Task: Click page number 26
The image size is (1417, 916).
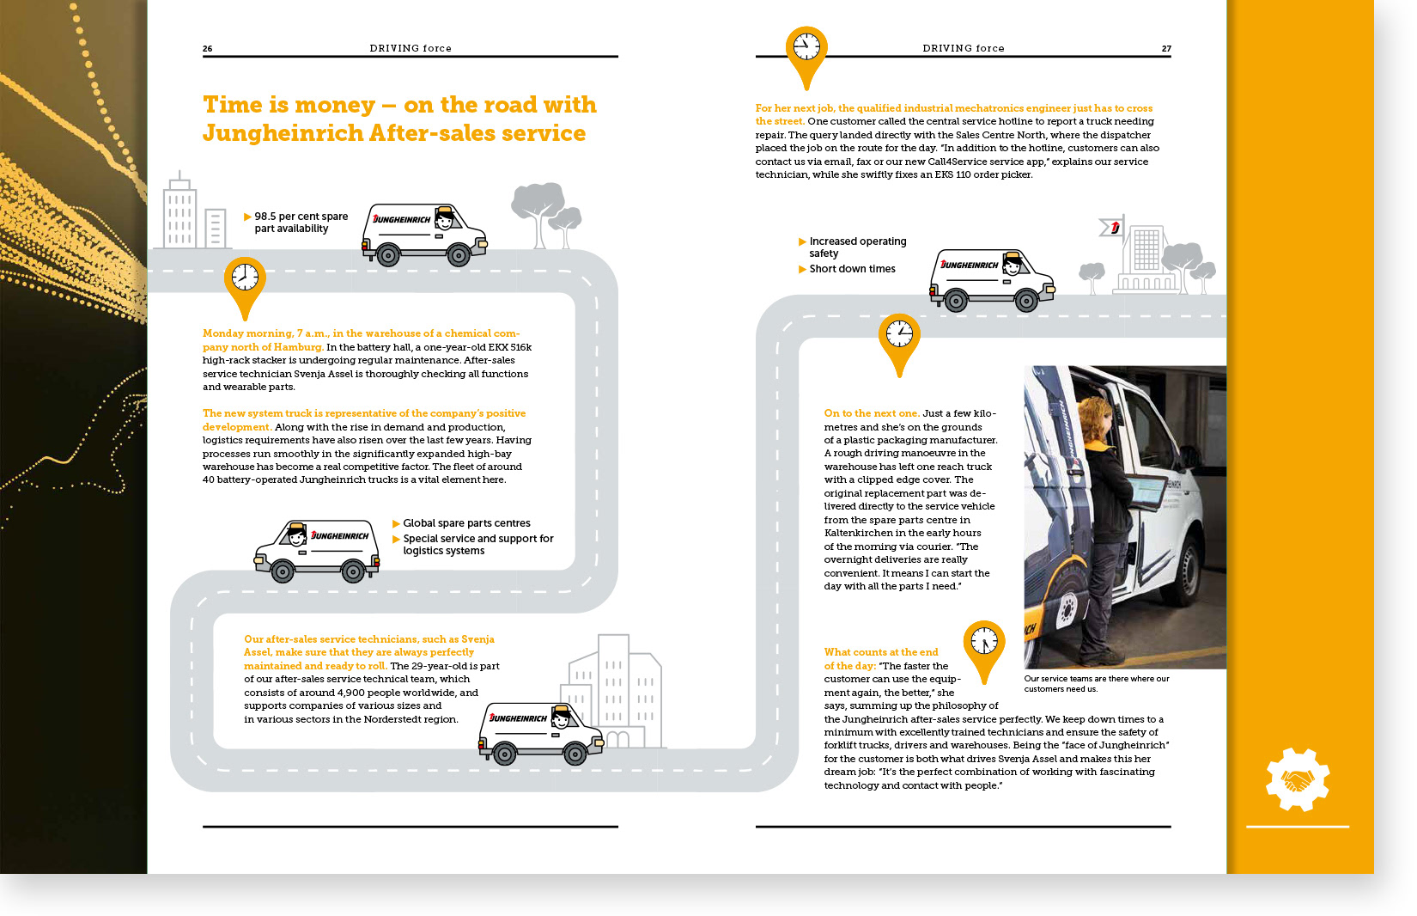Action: tap(207, 49)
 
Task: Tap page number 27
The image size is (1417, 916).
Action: tap(1166, 49)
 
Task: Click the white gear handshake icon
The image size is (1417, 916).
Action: tap(1297, 779)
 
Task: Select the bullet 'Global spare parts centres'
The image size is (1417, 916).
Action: tap(466, 523)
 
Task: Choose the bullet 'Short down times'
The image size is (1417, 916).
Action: tap(852, 269)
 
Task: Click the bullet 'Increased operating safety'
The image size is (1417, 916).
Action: tap(857, 247)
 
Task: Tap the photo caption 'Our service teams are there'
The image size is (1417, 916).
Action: tap(1096, 683)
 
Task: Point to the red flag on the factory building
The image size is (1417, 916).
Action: tap(1113, 228)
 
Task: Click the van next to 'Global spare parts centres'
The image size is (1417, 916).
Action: tap(317, 550)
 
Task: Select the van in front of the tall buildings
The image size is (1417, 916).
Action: tap(541, 732)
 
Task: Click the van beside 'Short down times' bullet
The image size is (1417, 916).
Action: tap(992, 279)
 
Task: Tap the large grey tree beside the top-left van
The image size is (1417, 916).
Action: tap(538, 207)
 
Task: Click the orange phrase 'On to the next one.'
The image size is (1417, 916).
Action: tap(871, 413)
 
